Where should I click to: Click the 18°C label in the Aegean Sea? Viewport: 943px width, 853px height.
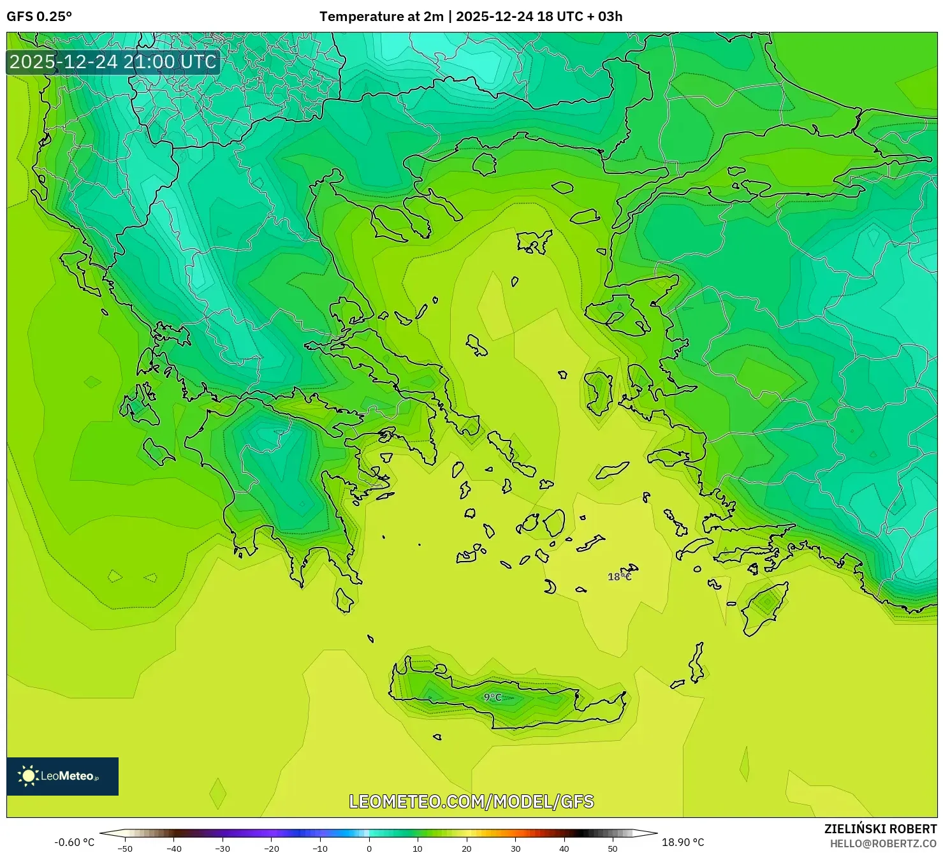619,576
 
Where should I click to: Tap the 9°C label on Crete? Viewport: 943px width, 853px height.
492,697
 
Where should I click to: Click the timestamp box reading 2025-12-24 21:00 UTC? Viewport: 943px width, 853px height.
113,62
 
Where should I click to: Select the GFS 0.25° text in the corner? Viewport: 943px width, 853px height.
40,17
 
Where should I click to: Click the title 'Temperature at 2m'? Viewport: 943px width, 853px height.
381,17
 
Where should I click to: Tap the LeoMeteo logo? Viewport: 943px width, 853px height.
62,776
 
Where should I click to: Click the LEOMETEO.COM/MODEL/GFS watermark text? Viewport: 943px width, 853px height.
471,801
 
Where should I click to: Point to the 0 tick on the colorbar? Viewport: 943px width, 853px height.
369,848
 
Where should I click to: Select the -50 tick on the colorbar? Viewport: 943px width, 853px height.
126,848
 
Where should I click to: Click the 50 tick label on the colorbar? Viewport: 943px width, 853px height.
613,848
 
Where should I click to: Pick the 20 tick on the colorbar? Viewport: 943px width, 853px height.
467,848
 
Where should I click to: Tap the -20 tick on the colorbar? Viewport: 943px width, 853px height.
272,848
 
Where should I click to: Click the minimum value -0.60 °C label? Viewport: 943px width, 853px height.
74,842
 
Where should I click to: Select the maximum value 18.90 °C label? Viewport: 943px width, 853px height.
683,842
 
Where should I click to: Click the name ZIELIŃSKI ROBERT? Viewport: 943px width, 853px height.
881,829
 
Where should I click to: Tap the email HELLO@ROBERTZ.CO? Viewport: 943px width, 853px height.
883,843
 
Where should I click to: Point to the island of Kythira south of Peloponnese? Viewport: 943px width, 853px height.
344,600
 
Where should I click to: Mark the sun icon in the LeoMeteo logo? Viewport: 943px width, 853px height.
28,776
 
